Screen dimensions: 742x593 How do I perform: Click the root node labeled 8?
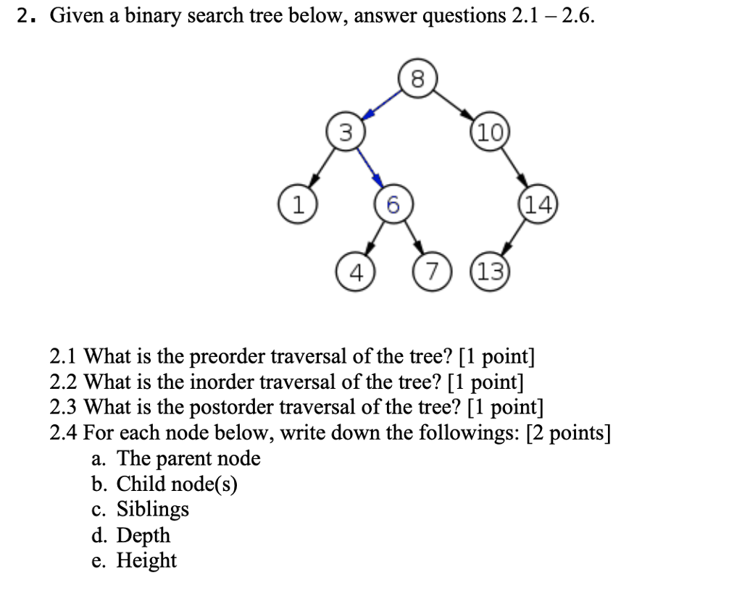[416, 78]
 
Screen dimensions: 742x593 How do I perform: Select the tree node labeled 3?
[346, 133]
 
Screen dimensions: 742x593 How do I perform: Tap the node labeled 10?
[490, 133]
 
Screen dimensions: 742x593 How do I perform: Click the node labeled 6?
[391, 205]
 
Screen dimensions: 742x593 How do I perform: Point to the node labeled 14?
[537, 205]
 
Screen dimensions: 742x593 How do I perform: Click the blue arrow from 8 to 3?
[382, 105]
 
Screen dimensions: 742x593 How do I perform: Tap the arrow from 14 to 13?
[514, 239]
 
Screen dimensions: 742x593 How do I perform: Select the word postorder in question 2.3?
[234, 407]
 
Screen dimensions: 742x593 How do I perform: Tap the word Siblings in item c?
[153, 509]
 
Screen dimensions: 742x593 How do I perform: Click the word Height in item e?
[147, 560]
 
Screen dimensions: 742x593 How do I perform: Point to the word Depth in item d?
[143, 535]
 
